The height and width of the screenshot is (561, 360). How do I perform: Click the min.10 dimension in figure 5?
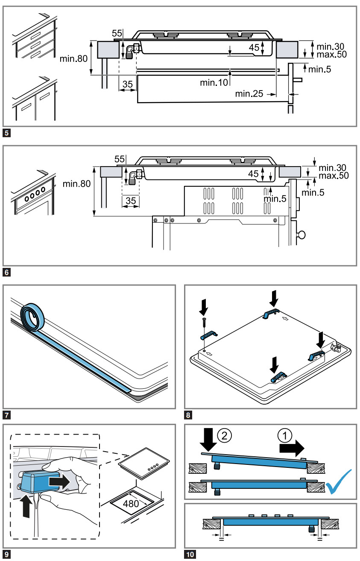tap(214, 82)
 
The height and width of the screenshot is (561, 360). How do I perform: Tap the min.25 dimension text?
tap(249, 94)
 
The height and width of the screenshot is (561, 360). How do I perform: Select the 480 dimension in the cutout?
tap(131, 503)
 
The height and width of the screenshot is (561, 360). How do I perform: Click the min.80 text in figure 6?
tap(76, 184)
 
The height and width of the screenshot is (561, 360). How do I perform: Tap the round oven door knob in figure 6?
tap(303, 234)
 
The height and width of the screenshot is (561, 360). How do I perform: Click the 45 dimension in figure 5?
tap(254, 47)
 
